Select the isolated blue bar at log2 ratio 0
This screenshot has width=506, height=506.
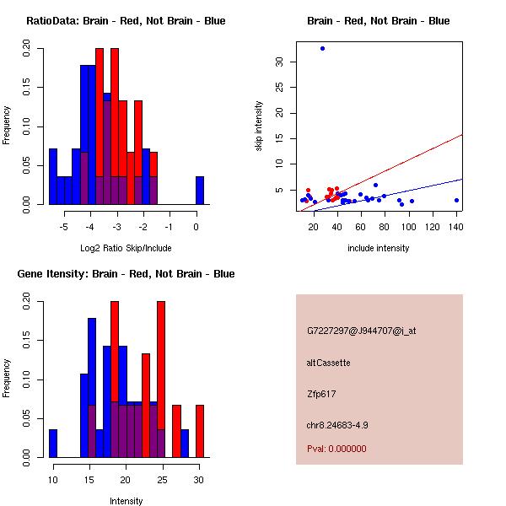(x=200, y=190)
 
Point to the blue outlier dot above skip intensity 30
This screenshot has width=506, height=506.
(x=322, y=48)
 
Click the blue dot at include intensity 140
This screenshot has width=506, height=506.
(x=456, y=200)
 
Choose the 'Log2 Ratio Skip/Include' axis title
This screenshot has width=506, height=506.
(x=126, y=248)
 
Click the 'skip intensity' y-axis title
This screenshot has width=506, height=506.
(x=259, y=126)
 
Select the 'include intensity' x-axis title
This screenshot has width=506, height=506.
(x=379, y=248)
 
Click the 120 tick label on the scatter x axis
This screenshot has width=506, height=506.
(x=433, y=227)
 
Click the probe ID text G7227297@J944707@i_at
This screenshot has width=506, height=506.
(x=361, y=331)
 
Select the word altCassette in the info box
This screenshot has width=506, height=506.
(x=328, y=363)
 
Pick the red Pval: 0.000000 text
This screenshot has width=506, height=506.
(x=336, y=449)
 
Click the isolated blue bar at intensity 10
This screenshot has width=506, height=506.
(x=53, y=443)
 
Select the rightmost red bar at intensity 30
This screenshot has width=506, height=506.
(x=200, y=431)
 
